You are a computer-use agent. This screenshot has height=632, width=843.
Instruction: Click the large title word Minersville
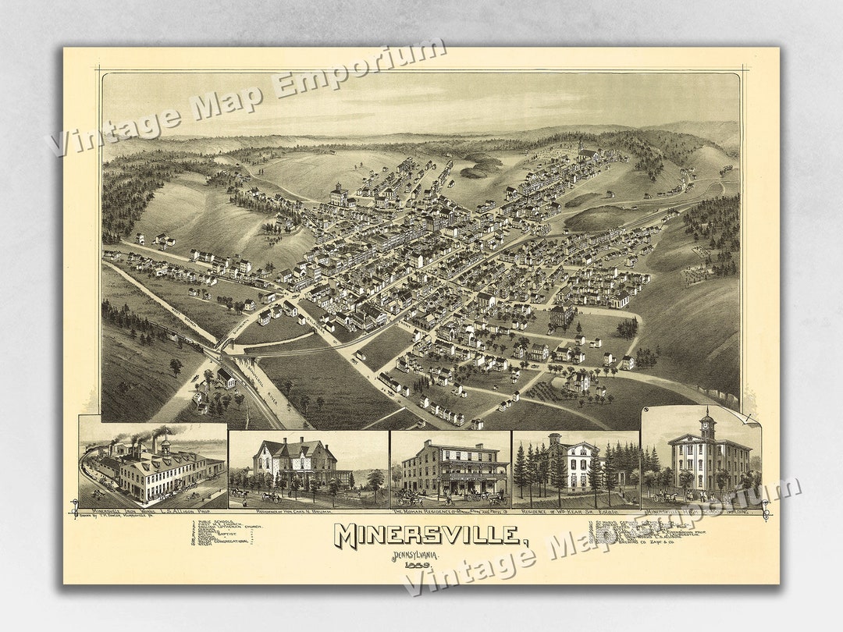(x=427, y=535)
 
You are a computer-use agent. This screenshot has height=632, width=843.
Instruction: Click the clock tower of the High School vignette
(x=707, y=425)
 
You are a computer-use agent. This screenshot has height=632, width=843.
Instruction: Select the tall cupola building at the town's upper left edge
(x=338, y=194)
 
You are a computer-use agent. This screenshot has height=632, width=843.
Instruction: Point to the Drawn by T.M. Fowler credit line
(x=114, y=517)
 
